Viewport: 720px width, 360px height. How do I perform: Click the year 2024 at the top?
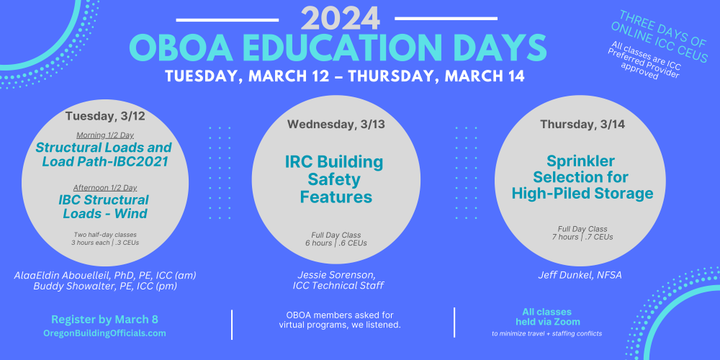(341, 19)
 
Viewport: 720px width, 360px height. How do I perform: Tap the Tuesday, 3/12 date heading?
(105, 116)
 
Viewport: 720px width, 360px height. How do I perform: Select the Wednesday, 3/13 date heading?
(336, 124)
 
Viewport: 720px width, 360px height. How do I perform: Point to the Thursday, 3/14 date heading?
(582, 124)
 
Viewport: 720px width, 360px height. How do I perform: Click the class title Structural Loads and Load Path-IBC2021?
(104, 154)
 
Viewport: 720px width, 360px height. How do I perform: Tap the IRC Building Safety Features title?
(334, 179)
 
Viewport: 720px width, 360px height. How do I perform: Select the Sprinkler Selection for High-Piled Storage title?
(582, 177)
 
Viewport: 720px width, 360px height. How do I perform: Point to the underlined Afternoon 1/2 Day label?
(105, 187)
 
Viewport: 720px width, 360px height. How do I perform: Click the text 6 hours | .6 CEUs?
(336, 243)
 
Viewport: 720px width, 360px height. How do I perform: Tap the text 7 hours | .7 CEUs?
(582, 237)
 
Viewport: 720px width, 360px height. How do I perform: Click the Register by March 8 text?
(104, 320)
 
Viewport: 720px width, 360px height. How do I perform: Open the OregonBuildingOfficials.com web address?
(104, 333)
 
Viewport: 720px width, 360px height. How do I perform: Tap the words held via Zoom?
(548, 321)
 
